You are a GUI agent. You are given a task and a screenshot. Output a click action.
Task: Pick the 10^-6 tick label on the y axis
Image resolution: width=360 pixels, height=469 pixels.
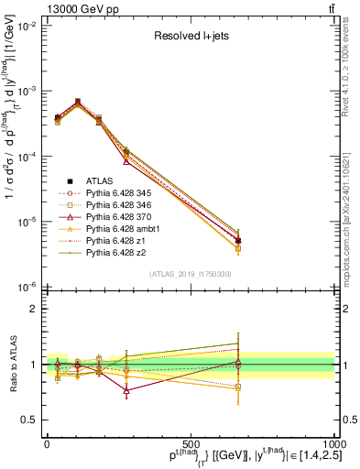tap(27, 287)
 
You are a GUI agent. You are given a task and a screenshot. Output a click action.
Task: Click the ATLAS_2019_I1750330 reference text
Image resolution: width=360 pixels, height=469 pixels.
tap(189, 274)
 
